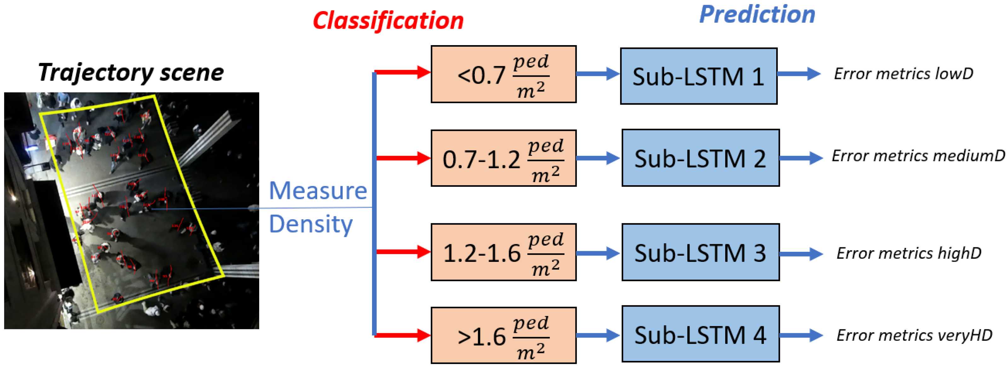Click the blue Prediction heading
(757, 15)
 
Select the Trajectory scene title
(131, 73)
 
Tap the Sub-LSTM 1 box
(699, 76)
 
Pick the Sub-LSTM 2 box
(700, 158)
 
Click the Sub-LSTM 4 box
(700, 334)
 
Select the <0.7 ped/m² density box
(503, 74)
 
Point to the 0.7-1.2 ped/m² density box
(503, 158)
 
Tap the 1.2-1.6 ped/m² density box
(503, 252)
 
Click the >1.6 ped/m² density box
(503, 335)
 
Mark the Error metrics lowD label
(903, 74)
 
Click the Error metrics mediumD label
(918, 156)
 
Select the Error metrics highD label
(909, 253)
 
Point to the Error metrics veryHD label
(914, 335)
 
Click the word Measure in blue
(318, 191)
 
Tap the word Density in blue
(311, 224)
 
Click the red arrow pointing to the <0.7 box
(403, 72)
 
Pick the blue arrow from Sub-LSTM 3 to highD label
(800, 254)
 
